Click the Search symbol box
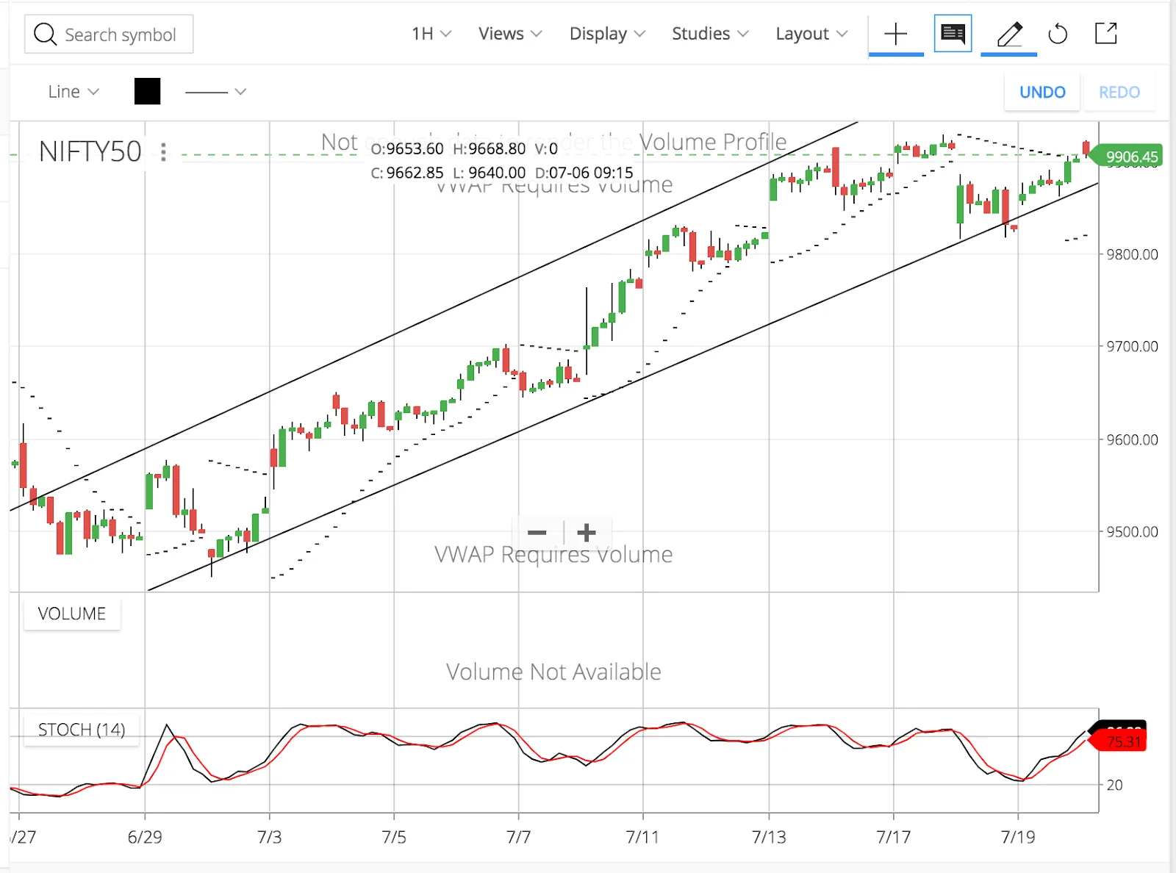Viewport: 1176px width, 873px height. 109,35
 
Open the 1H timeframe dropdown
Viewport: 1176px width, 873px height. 431,34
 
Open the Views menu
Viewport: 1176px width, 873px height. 510,34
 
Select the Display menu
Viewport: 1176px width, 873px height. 607,34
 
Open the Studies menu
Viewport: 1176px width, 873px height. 710,34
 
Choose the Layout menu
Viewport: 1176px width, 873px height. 811,34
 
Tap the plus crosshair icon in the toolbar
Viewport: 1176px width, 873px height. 895,34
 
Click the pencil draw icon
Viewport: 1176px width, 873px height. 1009,34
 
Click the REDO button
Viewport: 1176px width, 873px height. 1119,92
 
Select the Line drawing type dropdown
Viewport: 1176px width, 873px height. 73,92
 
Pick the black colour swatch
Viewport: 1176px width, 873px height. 147,92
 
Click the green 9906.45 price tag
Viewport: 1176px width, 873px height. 1130,157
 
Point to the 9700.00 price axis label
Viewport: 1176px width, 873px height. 1132,346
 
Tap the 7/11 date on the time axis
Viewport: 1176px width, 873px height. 642,837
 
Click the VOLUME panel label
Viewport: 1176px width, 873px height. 72,614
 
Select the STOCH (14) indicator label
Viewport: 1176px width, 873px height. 81,730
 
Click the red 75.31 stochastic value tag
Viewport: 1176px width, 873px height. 1123,742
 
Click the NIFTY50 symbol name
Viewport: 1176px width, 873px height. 90,151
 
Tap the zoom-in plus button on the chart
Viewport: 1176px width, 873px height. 587,533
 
